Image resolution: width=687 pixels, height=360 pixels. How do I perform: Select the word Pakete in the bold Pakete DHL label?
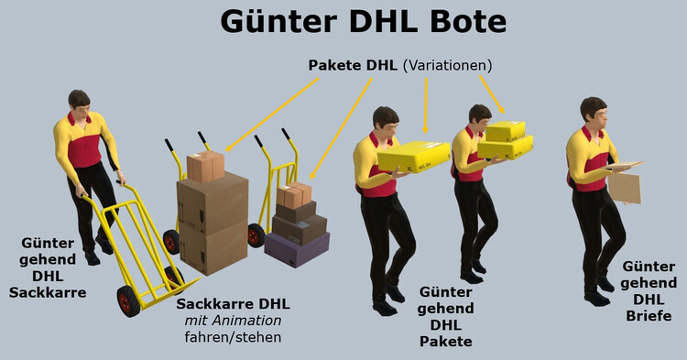pos(337,66)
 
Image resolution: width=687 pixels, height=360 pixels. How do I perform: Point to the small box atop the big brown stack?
pos(206,166)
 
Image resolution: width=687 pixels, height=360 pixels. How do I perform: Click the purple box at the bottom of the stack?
pos(296,247)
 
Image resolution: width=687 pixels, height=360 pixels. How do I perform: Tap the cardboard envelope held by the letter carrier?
pos(626,186)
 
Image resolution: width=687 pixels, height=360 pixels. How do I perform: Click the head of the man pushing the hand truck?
pos(80,103)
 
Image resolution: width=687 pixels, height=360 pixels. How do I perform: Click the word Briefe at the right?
pos(649,316)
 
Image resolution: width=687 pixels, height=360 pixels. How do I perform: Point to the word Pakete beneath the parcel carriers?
pos(445,342)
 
